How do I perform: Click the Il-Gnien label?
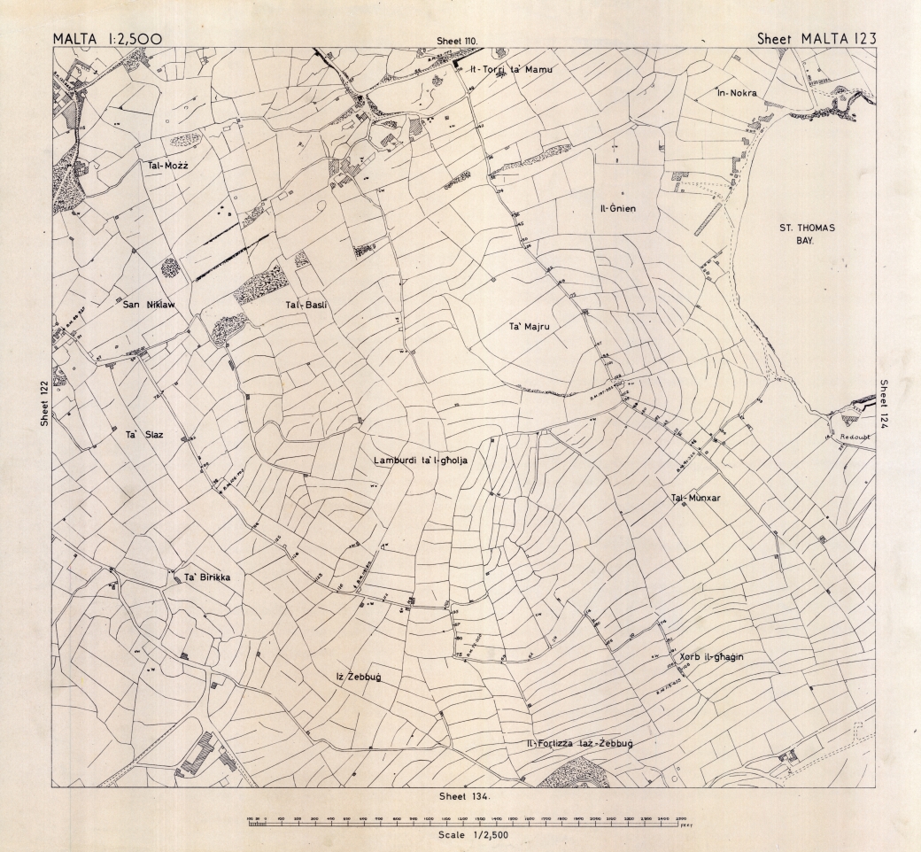[619, 209]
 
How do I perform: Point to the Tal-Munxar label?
[697, 499]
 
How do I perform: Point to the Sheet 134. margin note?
[463, 796]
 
